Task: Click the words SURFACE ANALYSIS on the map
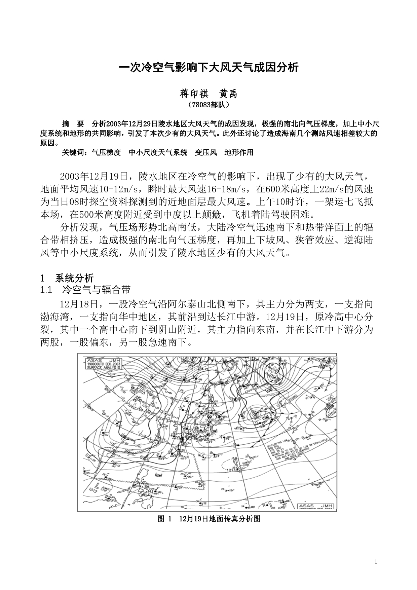pyautogui.click(x=103, y=368)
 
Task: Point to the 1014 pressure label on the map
pyautogui.click(x=231, y=470)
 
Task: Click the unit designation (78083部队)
pyautogui.click(x=209, y=105)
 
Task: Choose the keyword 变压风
pyautogui.click(x=206, y=152)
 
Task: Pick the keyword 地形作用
pyautogui.click(x=239, y=152)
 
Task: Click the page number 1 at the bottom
pyautogui.click(x=376, y=561)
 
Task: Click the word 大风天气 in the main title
pyautogui.click(x=231, y=67)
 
